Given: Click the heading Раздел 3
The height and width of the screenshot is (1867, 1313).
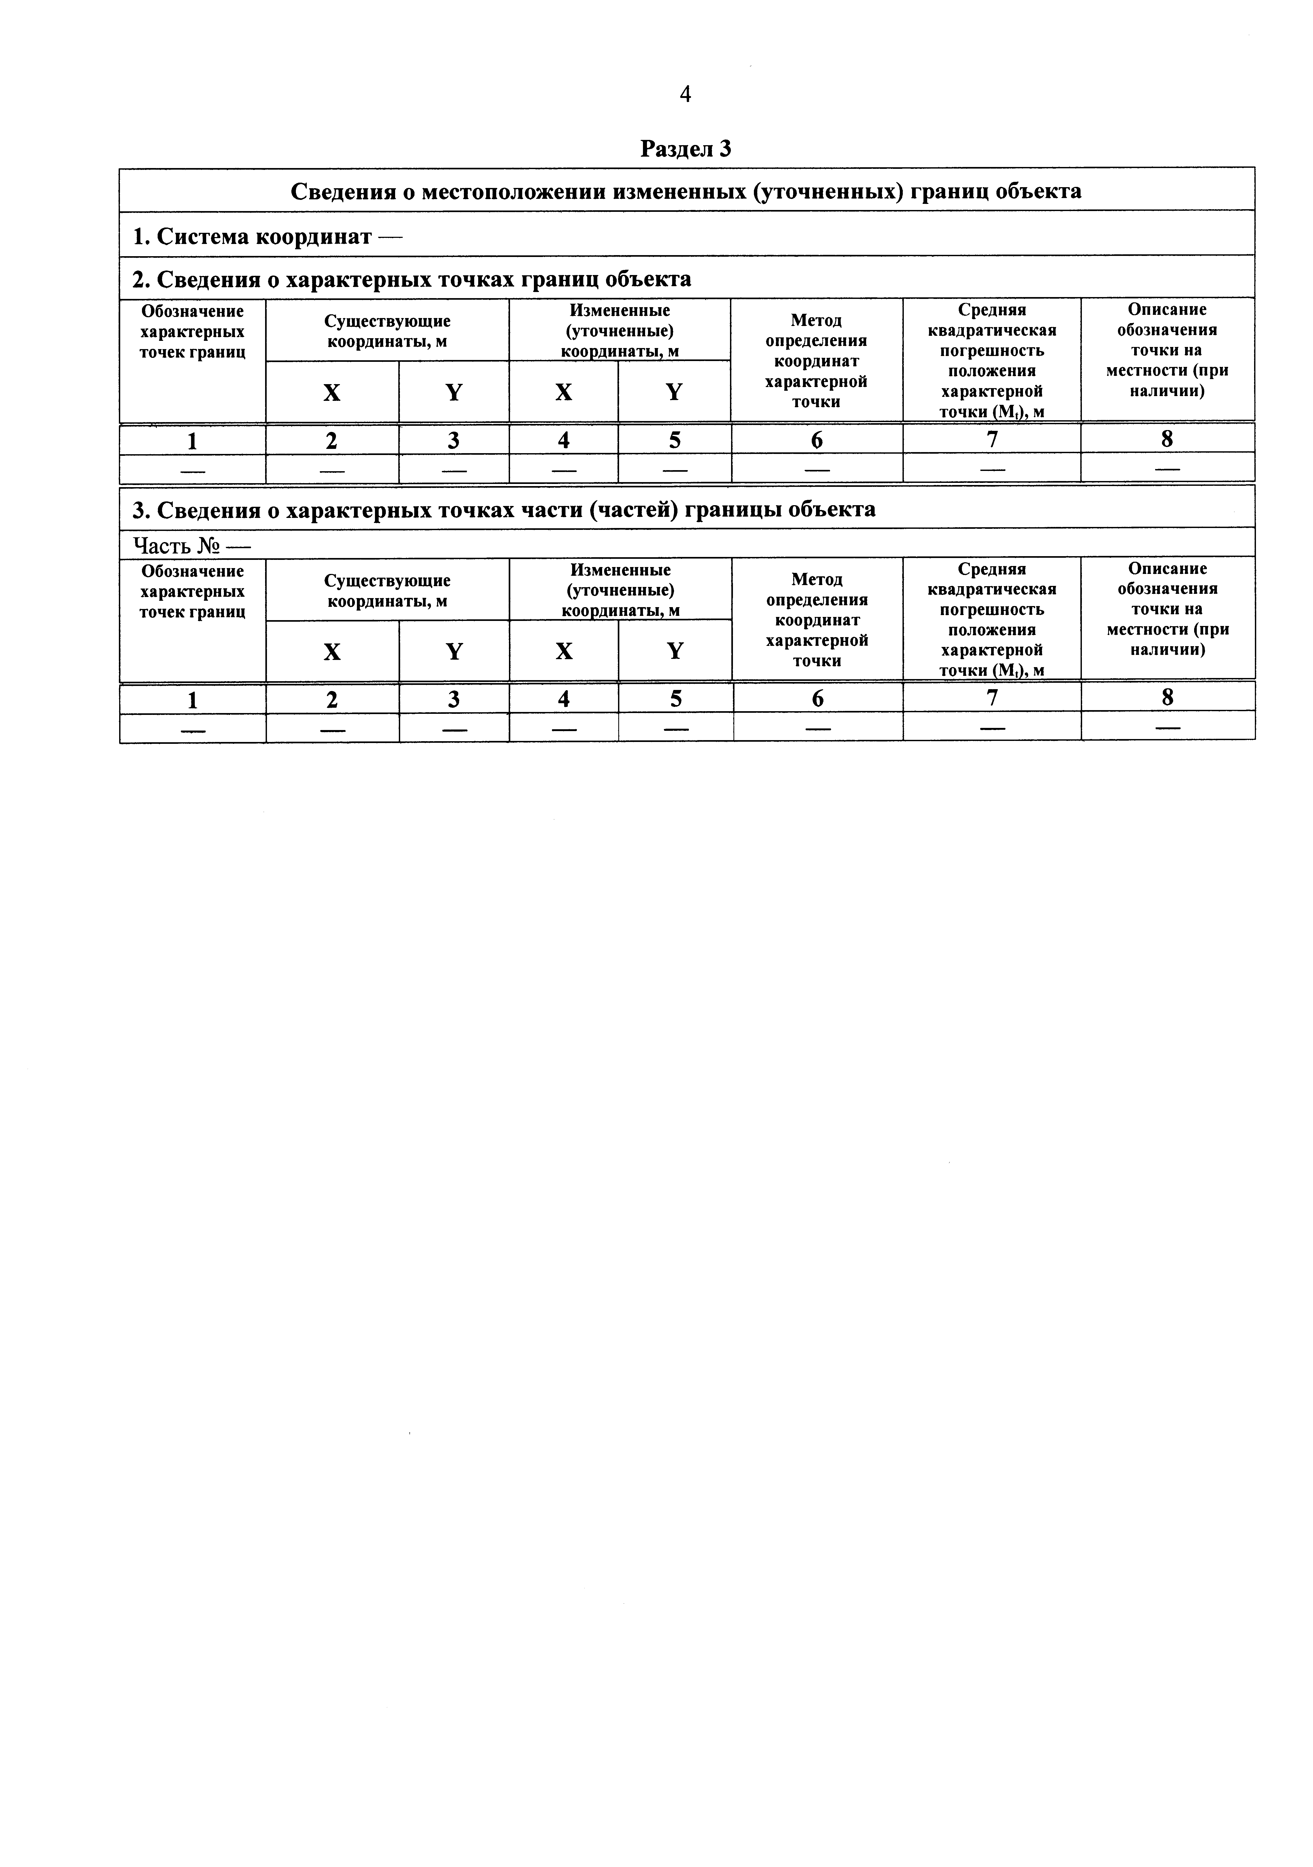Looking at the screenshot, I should (x=685, y=149).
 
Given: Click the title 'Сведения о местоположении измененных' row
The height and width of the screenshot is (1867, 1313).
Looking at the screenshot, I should (x=685, y=191).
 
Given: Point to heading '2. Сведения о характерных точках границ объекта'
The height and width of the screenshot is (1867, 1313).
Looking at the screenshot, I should (x=411, y=279).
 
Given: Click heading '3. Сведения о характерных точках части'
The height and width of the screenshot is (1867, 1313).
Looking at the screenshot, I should (x=503, y=509).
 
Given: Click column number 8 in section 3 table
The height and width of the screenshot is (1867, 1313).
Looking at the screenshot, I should (x=1168, y=698).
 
